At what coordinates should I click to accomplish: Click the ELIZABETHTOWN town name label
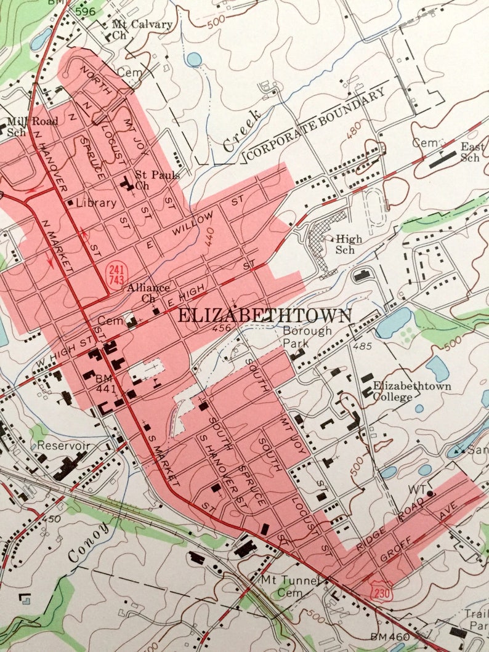(x=265, y=316)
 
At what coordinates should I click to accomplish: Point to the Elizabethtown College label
(x=411, y=392)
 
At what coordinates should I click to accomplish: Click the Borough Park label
(x=307, y=336)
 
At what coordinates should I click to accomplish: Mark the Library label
(x=96, y=203)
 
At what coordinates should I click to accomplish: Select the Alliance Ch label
(x=148, y=292)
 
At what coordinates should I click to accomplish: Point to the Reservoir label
(x=63, y=445)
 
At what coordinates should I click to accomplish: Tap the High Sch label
(x=345, y=244)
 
